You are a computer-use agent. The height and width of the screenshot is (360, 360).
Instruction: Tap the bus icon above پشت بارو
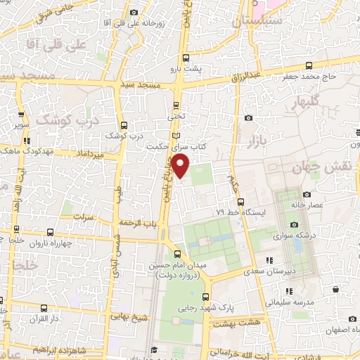click(186, 58)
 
